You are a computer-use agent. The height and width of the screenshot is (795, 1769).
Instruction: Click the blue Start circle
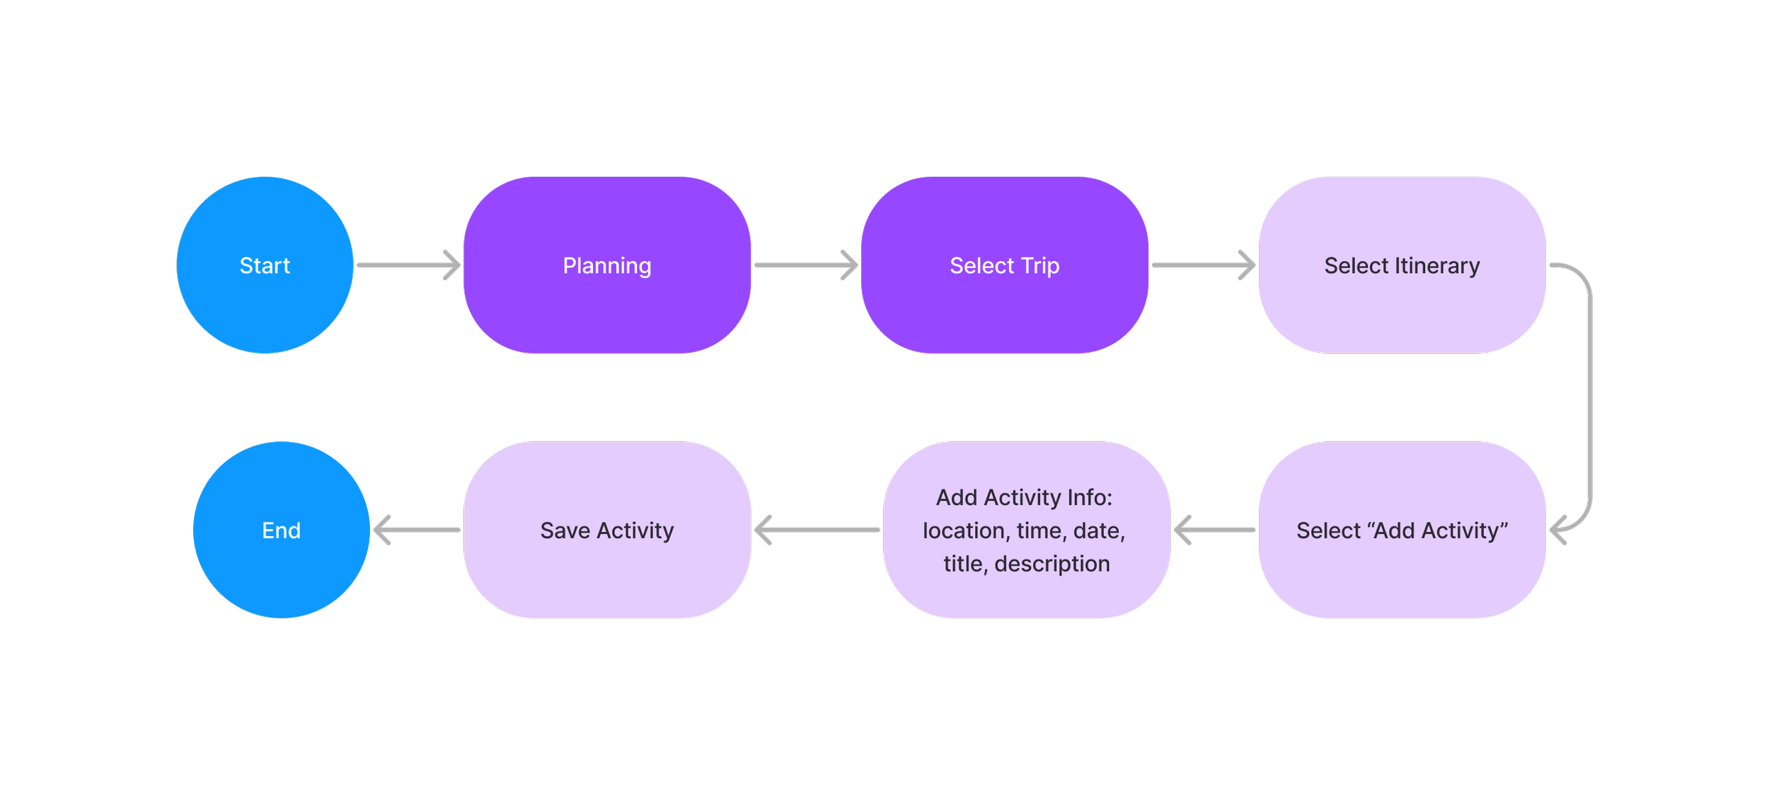265,265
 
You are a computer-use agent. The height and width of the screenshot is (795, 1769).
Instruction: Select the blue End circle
281,530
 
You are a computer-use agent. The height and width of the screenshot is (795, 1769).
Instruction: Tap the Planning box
606,265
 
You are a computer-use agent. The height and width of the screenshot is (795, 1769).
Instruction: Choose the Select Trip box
1004,265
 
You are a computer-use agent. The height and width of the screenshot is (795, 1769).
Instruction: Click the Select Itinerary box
1402,265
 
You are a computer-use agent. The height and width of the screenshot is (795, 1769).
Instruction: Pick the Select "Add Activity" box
1402,530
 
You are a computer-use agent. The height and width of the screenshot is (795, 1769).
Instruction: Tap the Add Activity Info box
1026,530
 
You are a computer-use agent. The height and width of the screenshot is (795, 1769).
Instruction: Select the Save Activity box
606,530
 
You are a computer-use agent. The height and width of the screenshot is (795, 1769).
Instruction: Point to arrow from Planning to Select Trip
805,265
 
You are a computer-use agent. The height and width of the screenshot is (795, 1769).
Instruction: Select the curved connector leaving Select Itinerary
1589,396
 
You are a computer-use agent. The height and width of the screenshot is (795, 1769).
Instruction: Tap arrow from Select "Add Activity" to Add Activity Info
1214,530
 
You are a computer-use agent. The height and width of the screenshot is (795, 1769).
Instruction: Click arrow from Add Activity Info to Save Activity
817,530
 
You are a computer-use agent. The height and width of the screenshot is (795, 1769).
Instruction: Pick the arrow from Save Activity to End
417,530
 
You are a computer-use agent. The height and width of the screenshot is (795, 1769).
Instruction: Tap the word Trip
1039,266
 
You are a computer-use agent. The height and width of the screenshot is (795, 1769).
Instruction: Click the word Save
565,530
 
